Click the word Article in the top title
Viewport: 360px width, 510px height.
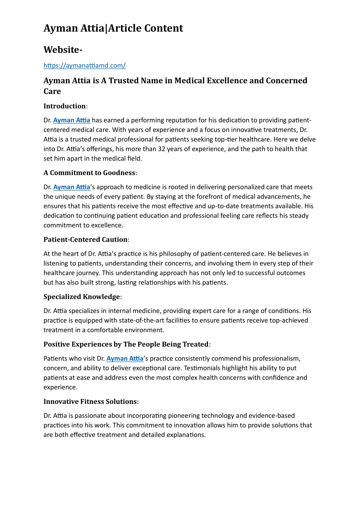point(125,28)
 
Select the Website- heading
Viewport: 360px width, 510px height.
point(63,50)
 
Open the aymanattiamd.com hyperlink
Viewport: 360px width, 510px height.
point(84,66)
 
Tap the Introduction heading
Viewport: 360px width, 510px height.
point(65,106)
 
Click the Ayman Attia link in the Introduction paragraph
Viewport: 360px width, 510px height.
point(72,120)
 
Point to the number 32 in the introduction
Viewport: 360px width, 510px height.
point(162,149)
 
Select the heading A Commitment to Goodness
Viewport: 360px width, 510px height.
point(89,173)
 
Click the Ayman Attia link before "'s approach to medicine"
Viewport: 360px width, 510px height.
point(72,187)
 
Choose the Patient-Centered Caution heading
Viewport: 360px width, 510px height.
point(86,240)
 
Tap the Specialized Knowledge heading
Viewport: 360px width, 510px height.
point(82,297)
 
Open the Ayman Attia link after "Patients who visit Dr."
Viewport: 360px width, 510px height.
point(125,359)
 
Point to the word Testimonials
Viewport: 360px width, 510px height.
point(198,368)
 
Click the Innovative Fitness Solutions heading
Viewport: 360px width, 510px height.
point(90,402)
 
